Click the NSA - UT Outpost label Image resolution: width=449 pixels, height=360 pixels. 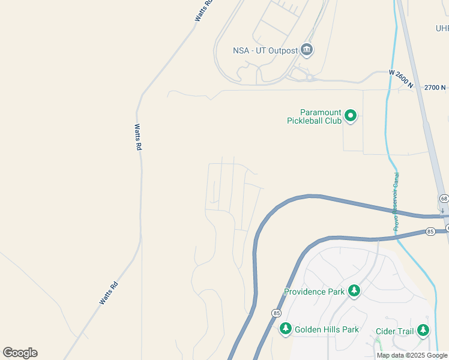tap(265, 50)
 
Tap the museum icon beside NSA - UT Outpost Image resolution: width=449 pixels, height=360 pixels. tap(307, 50)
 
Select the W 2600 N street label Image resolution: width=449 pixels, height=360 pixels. tap(401, 79)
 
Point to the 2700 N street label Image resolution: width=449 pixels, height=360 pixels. tap(435, 88)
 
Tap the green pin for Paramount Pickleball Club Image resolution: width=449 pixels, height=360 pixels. tap(351, 115)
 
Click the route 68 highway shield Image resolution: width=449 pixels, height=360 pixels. tap(444, 199)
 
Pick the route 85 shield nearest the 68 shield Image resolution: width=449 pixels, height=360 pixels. tap(430, 231)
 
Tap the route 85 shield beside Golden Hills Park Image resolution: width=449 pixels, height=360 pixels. tap(276, 313)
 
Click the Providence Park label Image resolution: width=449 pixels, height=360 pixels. tap(314, 292)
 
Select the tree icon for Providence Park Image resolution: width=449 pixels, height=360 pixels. tap(354, 291)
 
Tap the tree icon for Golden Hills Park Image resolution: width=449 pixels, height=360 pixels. tap(286, 328)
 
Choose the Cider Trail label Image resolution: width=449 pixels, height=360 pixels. tap(395, 331)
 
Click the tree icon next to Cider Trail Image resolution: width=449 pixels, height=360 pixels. tap(423, 330)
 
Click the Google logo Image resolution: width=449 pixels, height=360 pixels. tap(20, 353)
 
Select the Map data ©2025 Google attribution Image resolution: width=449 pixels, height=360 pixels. tap(412, 356)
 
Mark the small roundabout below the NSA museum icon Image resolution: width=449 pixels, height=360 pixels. tap(310, 77)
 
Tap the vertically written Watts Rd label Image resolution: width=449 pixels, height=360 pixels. tap(138, 137)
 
